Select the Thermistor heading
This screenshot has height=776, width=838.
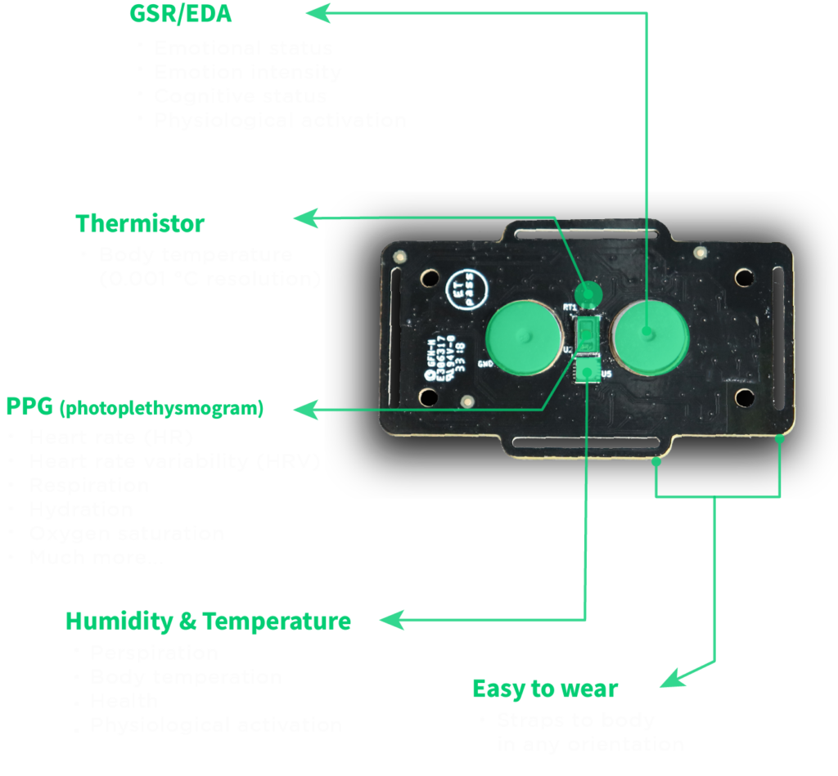point(140,224)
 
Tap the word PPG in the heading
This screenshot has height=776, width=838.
point(29,406)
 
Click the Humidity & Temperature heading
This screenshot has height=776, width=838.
point(209,621)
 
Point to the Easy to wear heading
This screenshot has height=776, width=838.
point(545,689)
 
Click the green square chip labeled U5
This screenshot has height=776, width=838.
point(587,371)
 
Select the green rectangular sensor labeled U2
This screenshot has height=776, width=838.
point(586,335)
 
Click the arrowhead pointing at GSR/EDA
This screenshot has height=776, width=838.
point(318,12)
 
